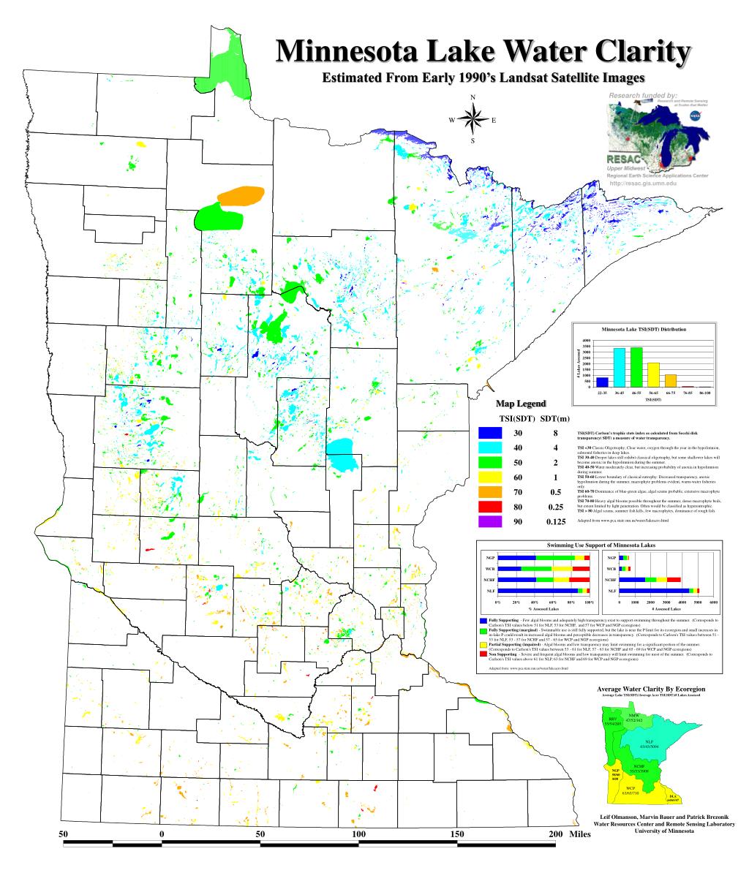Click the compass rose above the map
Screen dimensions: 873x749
473,119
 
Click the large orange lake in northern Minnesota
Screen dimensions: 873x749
240,197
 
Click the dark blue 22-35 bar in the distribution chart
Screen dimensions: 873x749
602,382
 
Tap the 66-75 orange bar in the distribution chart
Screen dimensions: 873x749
671,380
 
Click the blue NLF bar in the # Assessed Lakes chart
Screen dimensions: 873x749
654,590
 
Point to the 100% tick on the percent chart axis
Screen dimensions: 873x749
589,602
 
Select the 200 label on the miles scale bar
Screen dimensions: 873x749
554,834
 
